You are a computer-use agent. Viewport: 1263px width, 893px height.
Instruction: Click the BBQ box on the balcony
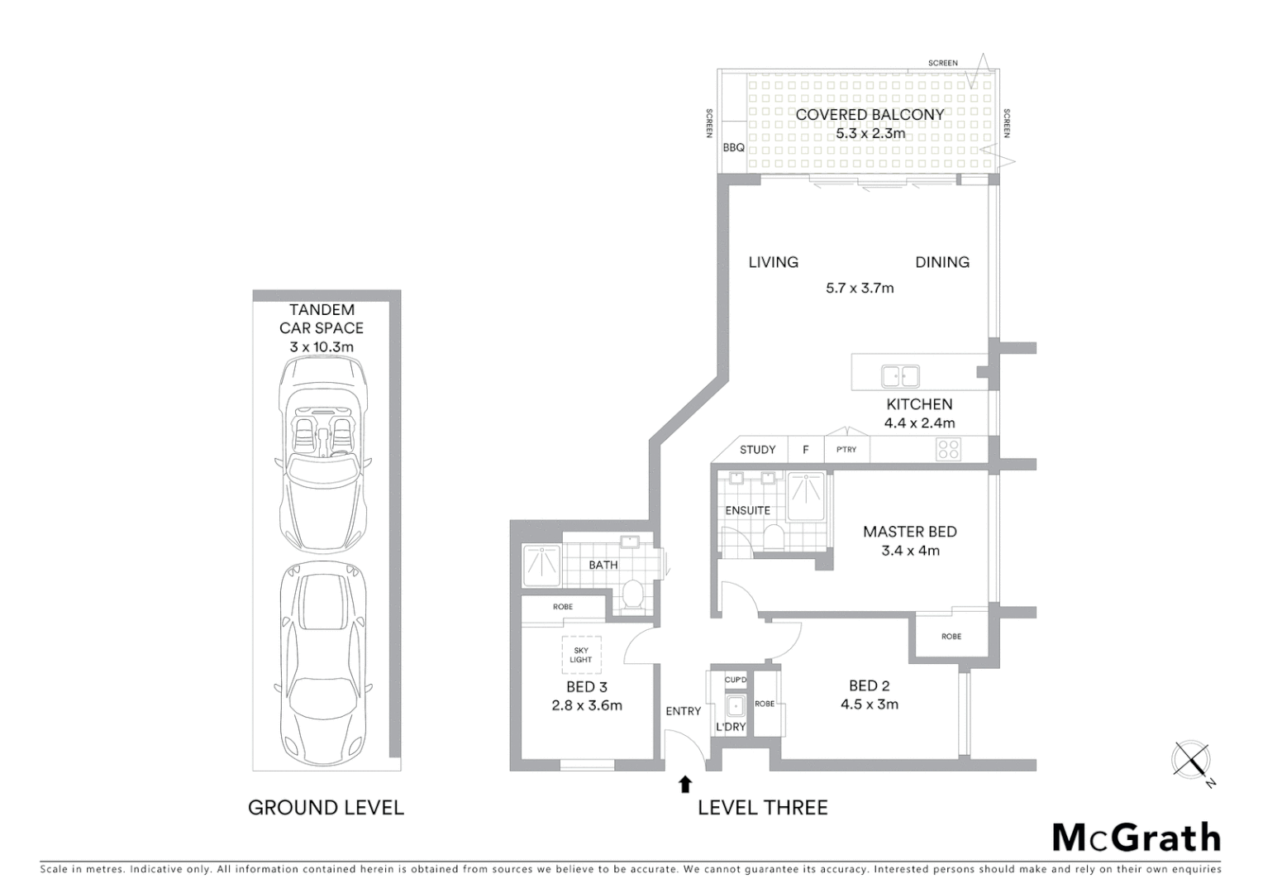734,148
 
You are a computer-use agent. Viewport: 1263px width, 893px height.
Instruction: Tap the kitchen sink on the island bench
899,376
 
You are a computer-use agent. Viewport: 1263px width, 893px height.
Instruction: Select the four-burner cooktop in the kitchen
948,449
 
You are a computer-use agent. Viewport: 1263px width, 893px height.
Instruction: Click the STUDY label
757,450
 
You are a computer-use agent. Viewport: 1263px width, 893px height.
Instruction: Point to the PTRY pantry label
846,450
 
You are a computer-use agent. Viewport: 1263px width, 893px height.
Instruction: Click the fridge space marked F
806,450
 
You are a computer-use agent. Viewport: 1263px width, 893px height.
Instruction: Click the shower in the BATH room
541,566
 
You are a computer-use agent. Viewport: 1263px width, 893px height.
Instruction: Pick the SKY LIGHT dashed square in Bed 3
581,655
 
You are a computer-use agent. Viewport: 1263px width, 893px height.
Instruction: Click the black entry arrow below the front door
684,784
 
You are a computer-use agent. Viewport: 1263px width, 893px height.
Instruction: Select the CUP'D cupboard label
735,680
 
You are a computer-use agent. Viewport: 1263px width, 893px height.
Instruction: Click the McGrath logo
1137,837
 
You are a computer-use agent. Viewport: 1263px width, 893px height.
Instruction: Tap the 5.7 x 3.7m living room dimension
860,289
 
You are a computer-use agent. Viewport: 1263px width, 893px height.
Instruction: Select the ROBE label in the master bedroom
951,637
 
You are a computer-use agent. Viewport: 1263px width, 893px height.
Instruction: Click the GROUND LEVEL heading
326,808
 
